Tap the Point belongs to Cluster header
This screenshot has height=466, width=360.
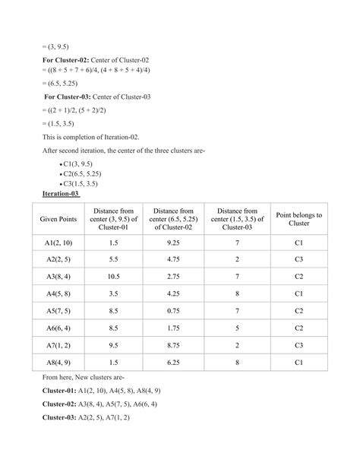pos(299,220)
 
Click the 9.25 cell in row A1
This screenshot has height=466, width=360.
pos(176,242)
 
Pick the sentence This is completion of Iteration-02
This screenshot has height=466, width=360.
pos(96,137)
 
